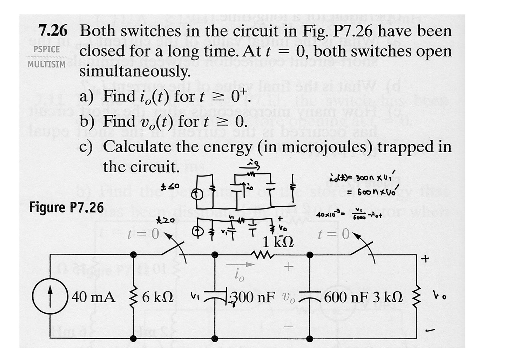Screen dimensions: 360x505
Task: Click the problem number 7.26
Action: click(x=53, y=31)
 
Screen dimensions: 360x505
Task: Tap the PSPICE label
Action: click(x=47, y=49)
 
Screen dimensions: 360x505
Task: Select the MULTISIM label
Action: click(x=46, y=65)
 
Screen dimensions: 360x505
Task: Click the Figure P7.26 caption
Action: click(x=67, y=207)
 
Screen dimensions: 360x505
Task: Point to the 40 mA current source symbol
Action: click(x=50, y=297)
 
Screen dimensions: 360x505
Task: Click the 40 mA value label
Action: click(x=93, y=297)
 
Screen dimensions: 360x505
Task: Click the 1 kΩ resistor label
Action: click(x=278, y=241)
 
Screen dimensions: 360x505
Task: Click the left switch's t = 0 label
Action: click(x=143, y=234)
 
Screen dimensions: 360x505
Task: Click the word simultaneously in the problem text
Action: click(x=135, y=72)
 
